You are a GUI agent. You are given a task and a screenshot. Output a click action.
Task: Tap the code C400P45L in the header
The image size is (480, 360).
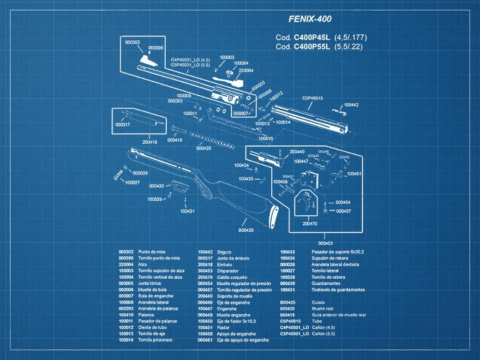(312, 38)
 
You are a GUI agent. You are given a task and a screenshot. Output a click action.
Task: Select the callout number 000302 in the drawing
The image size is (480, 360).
(132, 42)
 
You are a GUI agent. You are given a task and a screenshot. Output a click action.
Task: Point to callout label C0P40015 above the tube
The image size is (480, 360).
(312, 98)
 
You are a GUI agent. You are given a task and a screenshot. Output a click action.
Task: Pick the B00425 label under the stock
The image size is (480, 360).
(245, 230)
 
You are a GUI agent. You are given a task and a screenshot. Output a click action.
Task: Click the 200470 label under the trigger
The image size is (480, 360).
(309, 223)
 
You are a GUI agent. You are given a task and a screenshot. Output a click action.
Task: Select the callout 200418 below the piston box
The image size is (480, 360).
(150, 142)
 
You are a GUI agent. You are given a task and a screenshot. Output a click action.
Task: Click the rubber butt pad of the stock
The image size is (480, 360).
(273, 217)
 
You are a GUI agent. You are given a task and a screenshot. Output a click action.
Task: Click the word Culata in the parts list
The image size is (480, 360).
(319, 302)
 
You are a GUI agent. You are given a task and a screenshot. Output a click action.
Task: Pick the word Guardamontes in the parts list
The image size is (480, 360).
(327, 284)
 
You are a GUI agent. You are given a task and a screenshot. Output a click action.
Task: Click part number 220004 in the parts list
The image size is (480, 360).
(126, 264)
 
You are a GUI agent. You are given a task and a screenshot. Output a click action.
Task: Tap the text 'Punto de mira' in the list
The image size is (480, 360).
(151, 252)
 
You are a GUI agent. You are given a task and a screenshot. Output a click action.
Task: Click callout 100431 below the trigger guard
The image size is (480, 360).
(187, 211)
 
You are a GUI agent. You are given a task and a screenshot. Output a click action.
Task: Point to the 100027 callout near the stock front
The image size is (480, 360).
(132, 182)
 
